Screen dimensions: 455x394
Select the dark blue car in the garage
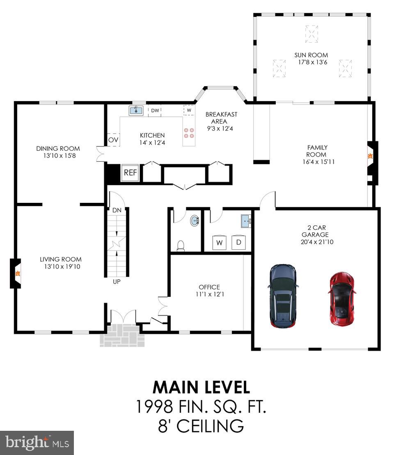pos(283,296)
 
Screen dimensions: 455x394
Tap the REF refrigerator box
pos(130,172)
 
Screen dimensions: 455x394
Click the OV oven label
pos(113,140)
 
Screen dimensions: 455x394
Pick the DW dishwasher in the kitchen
pos(155,110)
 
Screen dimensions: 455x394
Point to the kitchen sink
pos(135,110)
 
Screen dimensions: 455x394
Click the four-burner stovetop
pos(189,133)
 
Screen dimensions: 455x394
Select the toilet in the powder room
pos(180,245)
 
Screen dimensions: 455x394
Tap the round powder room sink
pos(195,221)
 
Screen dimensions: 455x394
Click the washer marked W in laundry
pos(220,243)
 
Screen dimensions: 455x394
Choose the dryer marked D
pos(238,243)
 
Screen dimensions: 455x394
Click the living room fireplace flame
pos(17,273)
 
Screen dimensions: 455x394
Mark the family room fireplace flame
pos(370,156)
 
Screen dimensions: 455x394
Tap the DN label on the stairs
pos(117,210)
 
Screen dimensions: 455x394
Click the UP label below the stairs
pos(117,282)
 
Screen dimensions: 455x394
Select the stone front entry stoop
pos(123,335)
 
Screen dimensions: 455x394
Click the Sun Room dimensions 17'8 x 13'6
pos(312,63)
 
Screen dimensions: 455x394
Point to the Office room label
pos(209,287)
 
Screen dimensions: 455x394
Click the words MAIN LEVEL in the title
pos(201,388)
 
